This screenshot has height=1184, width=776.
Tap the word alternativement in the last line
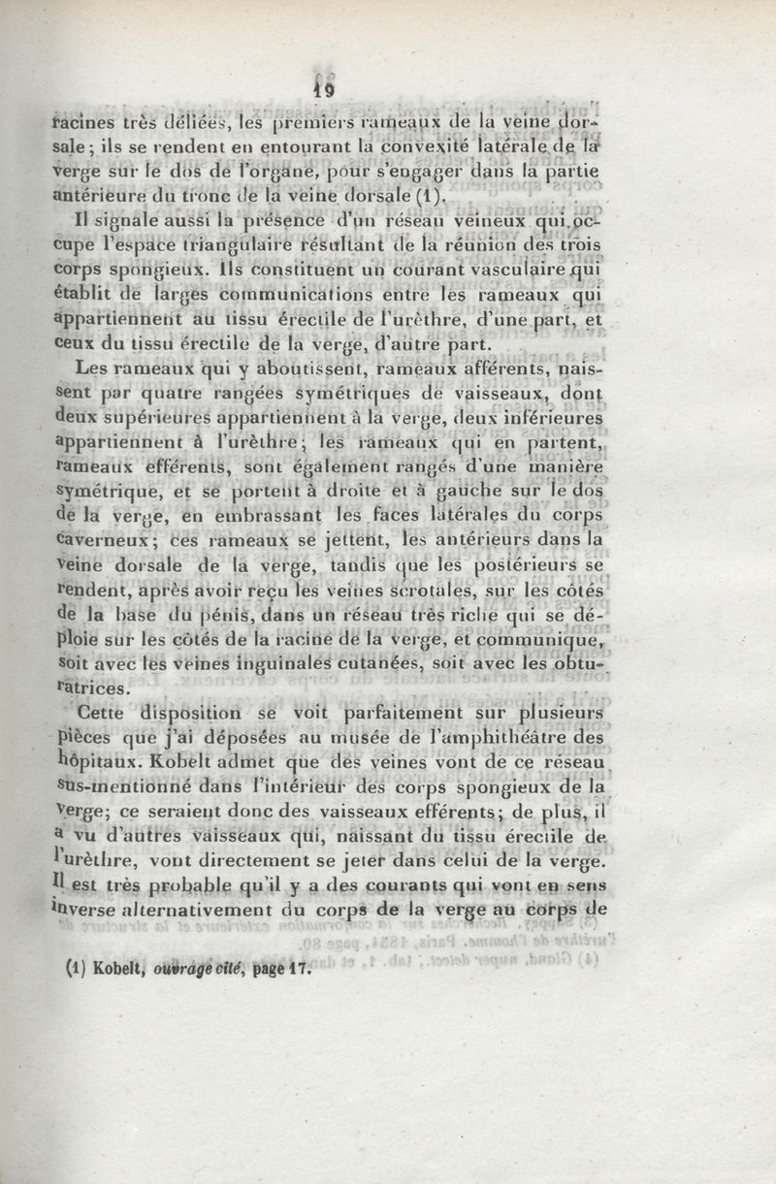click(200, 909)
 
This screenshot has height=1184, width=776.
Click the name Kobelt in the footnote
click(102, 967)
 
